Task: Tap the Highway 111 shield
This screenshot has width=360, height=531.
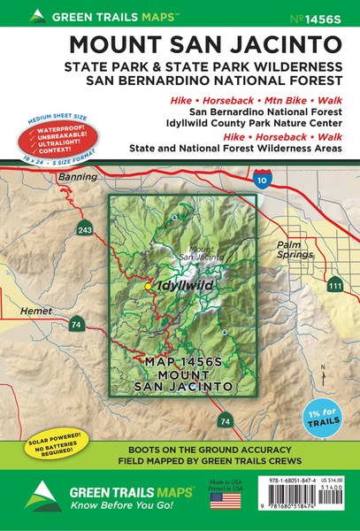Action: pos(333,285)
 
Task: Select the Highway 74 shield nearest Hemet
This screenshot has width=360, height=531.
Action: pos(77,325)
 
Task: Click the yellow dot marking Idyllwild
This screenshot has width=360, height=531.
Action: pos(149,287)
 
